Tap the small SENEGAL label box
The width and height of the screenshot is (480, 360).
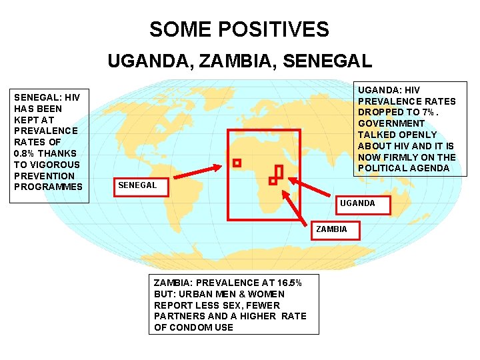137,185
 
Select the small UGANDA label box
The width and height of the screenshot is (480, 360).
358,203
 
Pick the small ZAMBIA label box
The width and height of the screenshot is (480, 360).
331,229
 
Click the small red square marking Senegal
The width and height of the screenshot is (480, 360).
237,163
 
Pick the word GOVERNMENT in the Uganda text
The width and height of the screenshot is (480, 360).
391,123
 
